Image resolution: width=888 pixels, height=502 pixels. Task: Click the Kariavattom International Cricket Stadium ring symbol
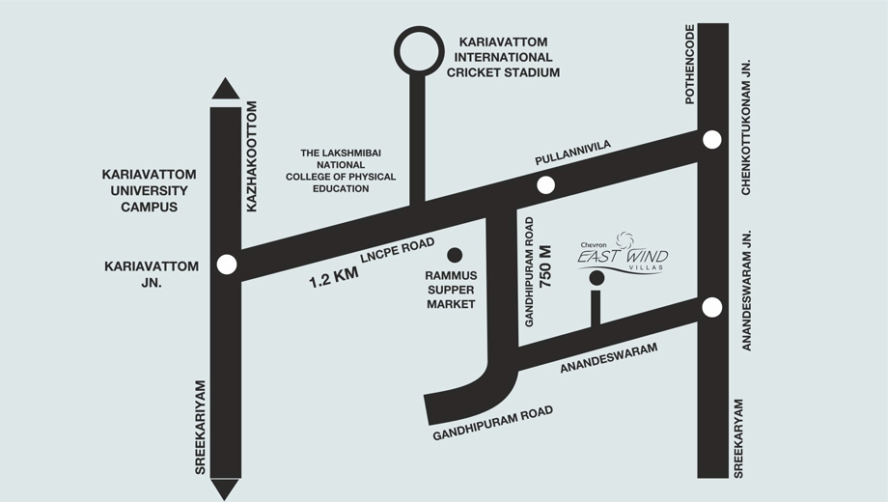coord(419,28)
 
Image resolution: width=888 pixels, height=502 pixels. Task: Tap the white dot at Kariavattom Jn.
coord(227,265)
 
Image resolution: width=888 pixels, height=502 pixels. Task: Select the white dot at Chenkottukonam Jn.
coord(712,139)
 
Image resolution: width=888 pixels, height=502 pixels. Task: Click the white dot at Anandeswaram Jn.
coord(712,308)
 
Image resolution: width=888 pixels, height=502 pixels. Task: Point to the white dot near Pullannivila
coord(545,184)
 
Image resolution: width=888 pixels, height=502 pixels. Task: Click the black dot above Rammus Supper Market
coord(455,255)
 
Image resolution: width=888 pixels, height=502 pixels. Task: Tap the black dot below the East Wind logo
coord(597,278)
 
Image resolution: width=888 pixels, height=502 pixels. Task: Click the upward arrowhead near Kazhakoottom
coord(226,89)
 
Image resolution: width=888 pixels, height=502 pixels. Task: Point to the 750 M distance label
coord(546,266)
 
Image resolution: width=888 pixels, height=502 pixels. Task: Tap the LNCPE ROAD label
coord(398,250)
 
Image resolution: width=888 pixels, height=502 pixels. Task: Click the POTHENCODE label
coord(689,64)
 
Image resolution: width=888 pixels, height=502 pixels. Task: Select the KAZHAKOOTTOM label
coord(252,156)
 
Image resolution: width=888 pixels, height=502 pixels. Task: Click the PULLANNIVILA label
coord(573,153)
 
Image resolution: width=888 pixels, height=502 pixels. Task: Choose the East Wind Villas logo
coord(623,253)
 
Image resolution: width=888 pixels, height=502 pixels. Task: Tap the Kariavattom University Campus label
coord(149,190)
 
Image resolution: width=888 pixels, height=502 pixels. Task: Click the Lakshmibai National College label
coord(341,171)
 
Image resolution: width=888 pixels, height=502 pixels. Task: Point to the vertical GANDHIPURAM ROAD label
coord(530,272)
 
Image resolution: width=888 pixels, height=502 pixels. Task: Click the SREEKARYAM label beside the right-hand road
coord(738,438)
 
